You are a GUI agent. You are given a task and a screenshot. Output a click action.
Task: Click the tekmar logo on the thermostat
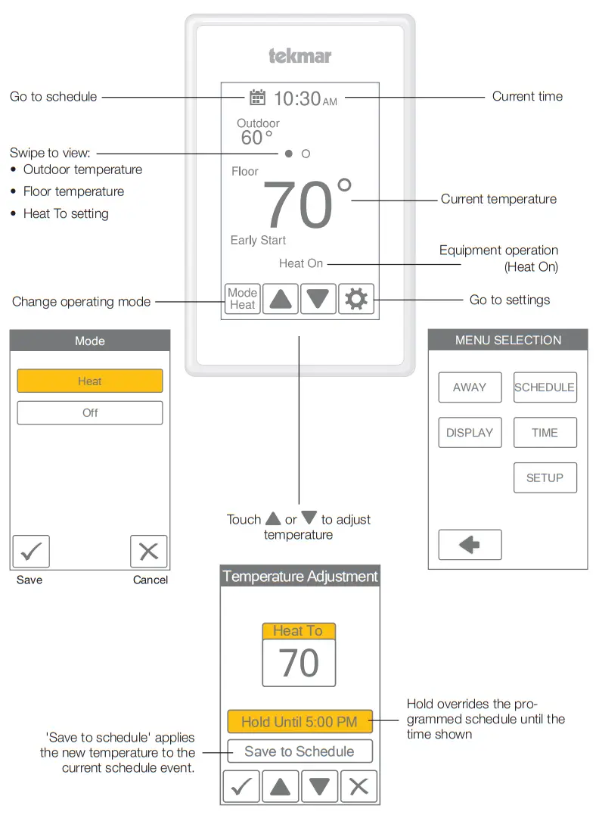point(299,56)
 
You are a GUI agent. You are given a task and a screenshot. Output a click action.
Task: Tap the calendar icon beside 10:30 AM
point(257,97)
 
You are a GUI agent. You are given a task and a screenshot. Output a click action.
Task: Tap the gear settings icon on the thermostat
point(355,300)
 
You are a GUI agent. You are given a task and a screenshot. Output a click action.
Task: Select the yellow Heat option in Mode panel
point(90,381)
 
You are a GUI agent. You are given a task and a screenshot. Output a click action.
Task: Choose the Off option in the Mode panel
point(90,413)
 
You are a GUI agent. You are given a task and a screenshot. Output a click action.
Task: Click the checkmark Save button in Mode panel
point(31,552)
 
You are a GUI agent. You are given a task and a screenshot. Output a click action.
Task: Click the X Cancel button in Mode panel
point(148,552)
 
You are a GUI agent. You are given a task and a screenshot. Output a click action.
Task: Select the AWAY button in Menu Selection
point(470,387)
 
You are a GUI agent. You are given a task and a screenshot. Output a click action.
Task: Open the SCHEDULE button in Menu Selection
point(545,387)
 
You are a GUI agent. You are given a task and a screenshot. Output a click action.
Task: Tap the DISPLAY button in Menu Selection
point(470,433)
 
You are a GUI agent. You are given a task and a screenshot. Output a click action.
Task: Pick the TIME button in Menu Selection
point(545,433)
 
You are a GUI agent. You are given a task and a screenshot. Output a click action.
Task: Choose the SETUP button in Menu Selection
point(545,478)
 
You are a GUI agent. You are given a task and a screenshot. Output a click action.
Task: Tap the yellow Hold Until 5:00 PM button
point(299,722)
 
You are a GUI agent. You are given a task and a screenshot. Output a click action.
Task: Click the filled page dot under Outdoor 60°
point(289,154)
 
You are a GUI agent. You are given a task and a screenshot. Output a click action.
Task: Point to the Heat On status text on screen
point(301,263)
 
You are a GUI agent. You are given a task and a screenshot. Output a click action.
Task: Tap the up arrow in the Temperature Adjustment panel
point(280,787)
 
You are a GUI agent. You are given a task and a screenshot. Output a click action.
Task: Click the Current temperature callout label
point(498,200)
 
